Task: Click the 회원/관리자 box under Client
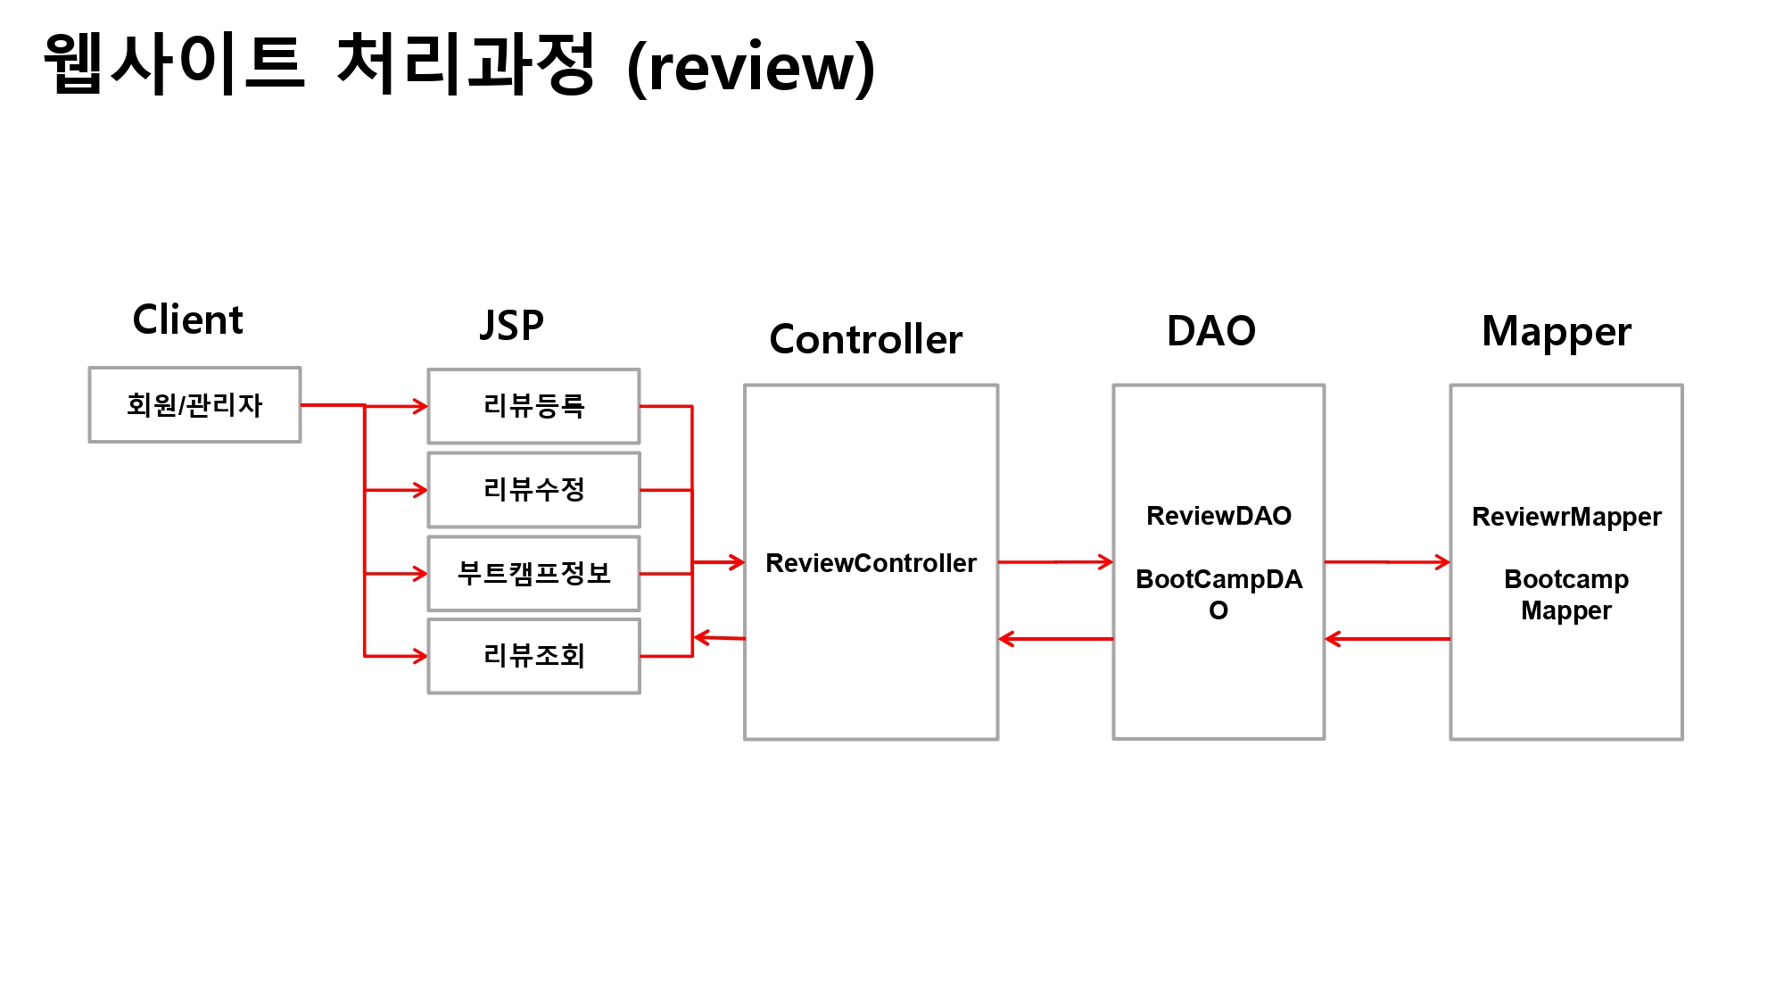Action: coord(194,404)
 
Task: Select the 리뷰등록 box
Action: coord(533,406)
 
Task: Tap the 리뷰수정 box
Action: coord(533,489)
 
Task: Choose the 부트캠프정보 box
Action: coord(533,573)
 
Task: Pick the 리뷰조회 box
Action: coord(533,656)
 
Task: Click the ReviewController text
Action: coord(871,563)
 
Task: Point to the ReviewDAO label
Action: coord(1218,516)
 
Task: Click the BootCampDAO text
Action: coord(1218,580)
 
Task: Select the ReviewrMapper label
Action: coord(1566,517)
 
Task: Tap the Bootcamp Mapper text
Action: coord(1566,594)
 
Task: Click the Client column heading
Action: coord(187,319)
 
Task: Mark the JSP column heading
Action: coord(511,325)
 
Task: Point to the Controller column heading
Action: coord(865,339)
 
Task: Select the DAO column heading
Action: coord(1211,331)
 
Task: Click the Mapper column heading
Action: coord(1556,332)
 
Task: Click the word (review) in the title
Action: coord(751,68)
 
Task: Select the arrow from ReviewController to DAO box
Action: coord(1055,562)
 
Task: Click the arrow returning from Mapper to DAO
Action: coord(1387,639)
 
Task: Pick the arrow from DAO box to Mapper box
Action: coord(1387,562)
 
